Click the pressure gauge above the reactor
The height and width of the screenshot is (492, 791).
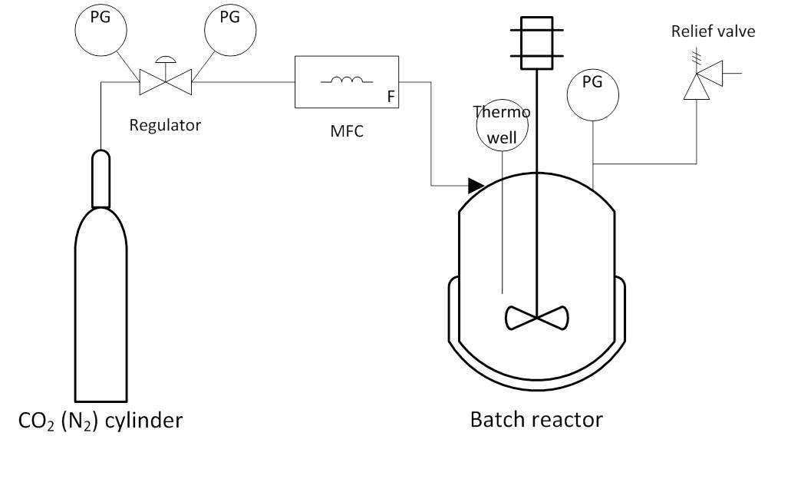[x=593, y=95]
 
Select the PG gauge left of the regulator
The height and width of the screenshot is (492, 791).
[x=101, y=30]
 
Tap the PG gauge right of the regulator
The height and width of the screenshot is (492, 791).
[x=230, y=30]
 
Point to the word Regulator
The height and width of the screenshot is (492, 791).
[x=165, y=124]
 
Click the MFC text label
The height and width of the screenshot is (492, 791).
[x=347, y=131]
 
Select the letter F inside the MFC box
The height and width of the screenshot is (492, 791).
[x=391, y=97]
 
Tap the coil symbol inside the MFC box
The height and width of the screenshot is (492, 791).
[x=347, y=79]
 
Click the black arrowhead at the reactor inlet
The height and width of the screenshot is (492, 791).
[x=476, y=186]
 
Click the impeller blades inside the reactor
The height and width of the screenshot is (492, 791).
[x=537, y=318]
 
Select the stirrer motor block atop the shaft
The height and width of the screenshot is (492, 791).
[x=537, y=43]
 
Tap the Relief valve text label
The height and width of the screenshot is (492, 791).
[x=713, y=31]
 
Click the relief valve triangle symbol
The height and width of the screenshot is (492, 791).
[x=704, y=80]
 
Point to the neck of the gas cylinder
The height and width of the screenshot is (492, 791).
[x=101, y=179]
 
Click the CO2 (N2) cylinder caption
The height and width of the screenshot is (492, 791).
[x=100, y=421]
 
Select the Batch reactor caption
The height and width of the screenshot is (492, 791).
[x=536, y=420]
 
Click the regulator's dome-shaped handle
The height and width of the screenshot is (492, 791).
[x=166, y=59]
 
